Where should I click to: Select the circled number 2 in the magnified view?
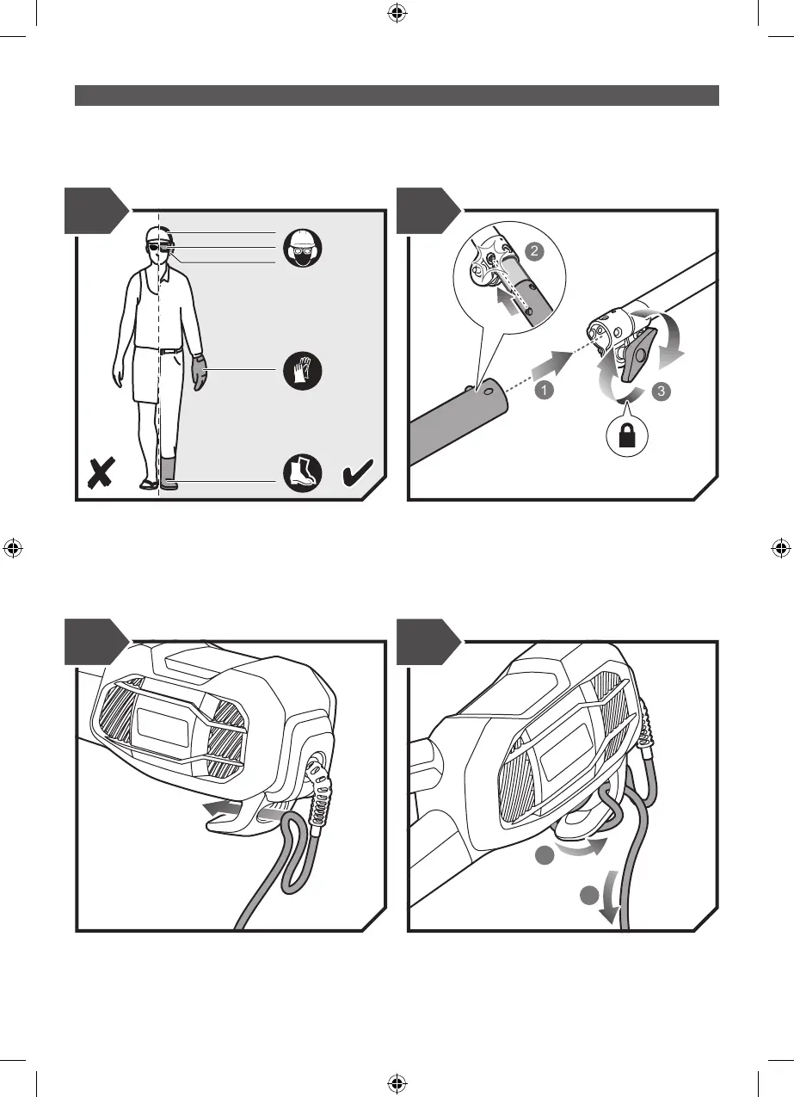[532, 252]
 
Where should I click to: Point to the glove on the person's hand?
[200, 373]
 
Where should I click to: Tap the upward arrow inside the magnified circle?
[511, 304]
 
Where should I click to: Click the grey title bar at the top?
[397, 95]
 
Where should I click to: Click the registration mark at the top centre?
[397, 13]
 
